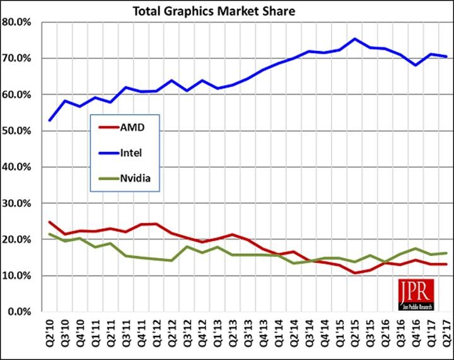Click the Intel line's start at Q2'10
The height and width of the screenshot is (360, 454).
click(x=50, y=120)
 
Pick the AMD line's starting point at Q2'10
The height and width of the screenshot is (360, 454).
click(x=50, y=222)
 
